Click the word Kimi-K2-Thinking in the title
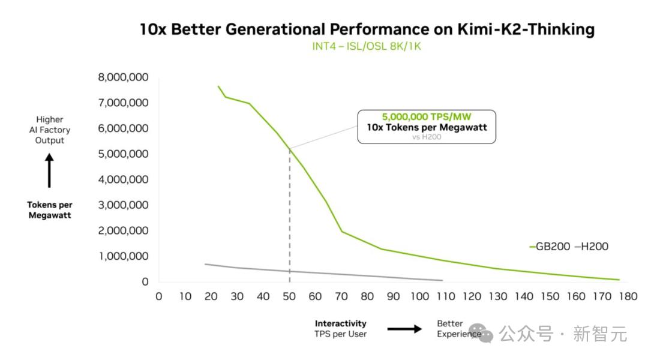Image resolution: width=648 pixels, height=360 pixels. point(526,29)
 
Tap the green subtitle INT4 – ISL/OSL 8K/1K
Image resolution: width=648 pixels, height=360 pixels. point(366,46)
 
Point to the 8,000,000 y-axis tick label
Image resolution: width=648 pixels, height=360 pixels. point(123,77)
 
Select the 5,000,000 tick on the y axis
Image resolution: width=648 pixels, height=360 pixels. point(123,154)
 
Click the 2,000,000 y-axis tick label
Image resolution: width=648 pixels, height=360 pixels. point(123,230)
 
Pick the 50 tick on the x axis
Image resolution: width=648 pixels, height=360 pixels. point(289,296)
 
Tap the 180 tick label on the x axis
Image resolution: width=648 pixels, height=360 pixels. point(628,296)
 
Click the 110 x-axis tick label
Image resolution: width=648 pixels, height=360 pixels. point(446,296)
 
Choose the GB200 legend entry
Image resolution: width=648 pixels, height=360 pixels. point(550,247)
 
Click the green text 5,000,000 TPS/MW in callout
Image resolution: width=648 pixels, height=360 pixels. point(427,117)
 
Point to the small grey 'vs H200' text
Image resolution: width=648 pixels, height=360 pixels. point(427,137)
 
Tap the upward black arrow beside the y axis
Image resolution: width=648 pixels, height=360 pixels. point(49,170)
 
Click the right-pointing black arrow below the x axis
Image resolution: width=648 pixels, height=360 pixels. point(404,329)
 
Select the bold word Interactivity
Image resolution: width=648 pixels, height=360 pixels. point(341,323)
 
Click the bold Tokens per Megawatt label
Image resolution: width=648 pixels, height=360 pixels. point(50,210)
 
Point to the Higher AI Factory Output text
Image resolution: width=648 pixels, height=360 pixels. point(50,130)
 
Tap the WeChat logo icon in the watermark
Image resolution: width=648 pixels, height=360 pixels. point(483,333)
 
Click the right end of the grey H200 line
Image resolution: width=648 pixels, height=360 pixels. point(442,280)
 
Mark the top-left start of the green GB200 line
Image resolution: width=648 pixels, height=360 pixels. point(218,86)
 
